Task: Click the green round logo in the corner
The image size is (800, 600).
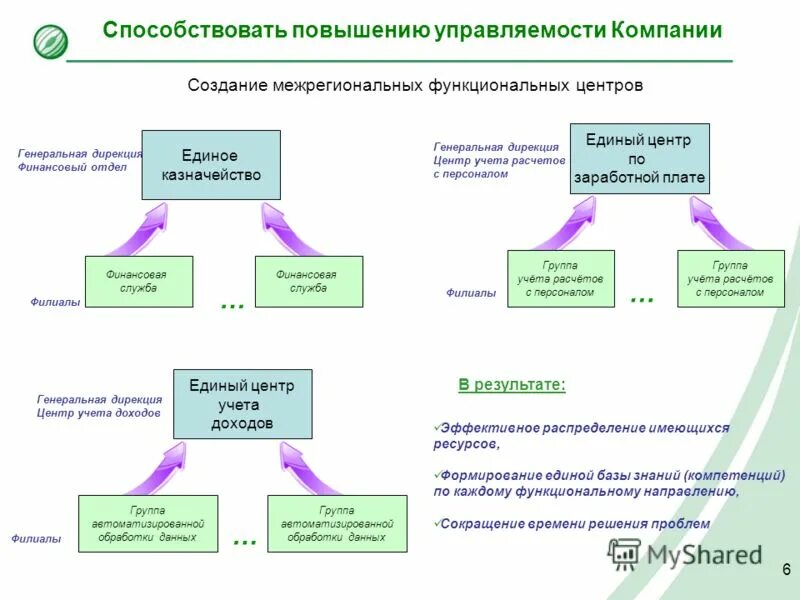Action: pos(50,41)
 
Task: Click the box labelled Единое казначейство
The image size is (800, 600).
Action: pos(211,165)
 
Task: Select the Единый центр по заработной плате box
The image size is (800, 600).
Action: pos(639,159)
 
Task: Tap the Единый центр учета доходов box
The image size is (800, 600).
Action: pos(242,404)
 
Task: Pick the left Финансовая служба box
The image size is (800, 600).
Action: pos(137,281)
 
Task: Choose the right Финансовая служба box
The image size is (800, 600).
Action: pos(308,281)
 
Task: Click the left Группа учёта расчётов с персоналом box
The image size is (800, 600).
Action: pos(560,279)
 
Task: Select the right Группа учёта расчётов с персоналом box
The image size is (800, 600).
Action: pos(730,279)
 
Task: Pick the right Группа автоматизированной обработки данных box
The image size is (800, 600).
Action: pos(337,523)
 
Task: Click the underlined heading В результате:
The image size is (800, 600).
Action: pos(512,385)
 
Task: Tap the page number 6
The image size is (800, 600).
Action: pos(786,570)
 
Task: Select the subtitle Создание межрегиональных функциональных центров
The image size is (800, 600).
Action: pos(415,86)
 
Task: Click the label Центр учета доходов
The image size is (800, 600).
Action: pos(98,412)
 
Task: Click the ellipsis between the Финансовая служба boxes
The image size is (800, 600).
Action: pos(231,304)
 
